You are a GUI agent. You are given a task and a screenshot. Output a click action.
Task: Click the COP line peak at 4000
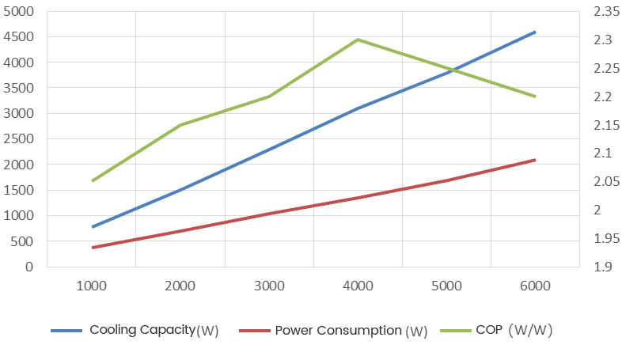pos(358,40)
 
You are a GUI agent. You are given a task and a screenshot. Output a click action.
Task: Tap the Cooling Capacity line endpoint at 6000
pos(536,32)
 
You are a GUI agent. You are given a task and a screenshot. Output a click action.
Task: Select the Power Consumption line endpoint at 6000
pos(536,160)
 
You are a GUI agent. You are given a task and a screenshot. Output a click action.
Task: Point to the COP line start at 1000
pos(93,181)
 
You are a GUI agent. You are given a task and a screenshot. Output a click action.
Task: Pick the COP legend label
pos(514,330)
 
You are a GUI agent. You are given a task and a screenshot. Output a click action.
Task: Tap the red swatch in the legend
pos(252,331)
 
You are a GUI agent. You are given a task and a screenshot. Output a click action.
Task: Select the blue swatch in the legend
pos(66,331)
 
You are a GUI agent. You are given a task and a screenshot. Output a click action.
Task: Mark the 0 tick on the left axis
pos(30,267)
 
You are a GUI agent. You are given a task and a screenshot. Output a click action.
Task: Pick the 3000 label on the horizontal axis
pos(269,286)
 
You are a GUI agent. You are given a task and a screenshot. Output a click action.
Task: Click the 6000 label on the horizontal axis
pos(536,286)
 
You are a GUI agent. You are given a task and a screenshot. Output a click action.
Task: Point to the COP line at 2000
pos(180,125)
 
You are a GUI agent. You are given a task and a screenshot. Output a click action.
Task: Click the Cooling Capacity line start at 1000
pos(93,227)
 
